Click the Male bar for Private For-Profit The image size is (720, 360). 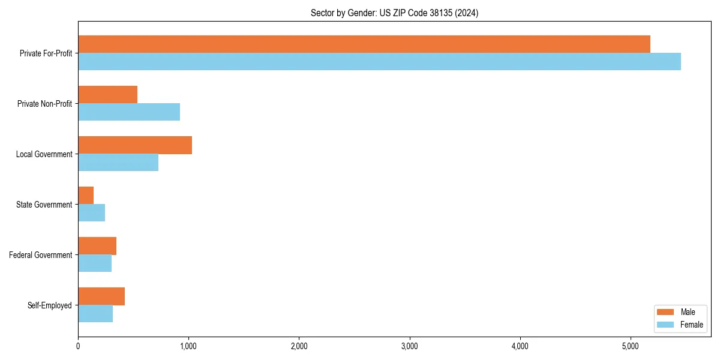364,44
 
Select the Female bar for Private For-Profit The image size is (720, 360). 379,61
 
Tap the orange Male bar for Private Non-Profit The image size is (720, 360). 108,95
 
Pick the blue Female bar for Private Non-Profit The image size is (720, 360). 129,112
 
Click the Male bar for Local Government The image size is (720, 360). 135,145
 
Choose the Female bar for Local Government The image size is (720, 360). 118,162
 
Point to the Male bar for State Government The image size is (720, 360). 86,196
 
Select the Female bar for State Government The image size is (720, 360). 92,212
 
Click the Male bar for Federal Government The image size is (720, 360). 97,246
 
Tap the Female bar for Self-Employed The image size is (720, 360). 95,313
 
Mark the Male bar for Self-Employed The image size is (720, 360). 101,296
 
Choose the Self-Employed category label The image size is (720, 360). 50,305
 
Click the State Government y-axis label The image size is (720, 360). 44,205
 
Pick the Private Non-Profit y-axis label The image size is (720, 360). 44,104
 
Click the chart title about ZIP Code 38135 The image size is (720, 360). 394,13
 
